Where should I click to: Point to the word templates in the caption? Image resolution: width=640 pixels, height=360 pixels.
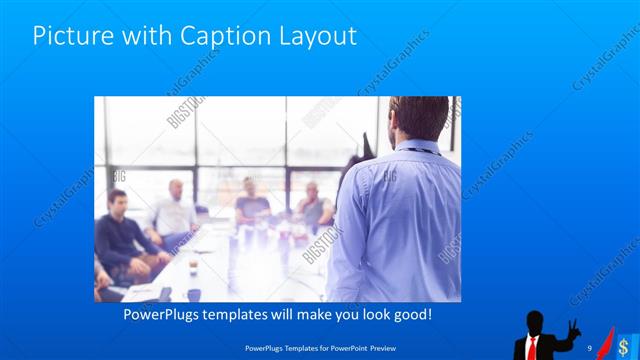248,314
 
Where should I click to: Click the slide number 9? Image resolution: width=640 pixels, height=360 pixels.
590,346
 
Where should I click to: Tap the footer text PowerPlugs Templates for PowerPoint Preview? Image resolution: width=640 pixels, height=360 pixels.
320,347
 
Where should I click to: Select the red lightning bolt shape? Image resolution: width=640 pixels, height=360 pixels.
607,340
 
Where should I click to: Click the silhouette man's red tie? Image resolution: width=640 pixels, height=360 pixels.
534,346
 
